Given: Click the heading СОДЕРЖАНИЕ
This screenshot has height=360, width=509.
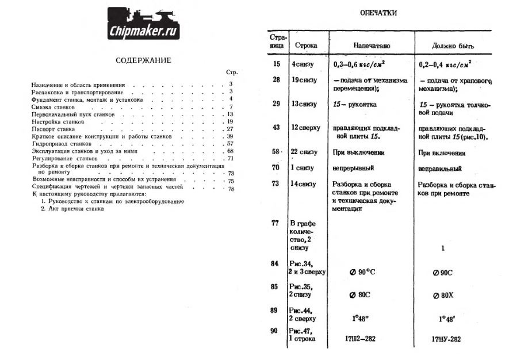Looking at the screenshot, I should tap(143, 60).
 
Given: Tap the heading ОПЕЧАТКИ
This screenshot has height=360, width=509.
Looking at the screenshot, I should tap(377, 12).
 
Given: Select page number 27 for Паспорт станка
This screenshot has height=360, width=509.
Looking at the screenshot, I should tap(230, 129).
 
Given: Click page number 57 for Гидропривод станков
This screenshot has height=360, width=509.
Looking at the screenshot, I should tap(230, 144).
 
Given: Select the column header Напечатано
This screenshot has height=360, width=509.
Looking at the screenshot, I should tap(369, 45).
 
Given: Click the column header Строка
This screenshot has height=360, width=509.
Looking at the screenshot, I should tap(305, 45).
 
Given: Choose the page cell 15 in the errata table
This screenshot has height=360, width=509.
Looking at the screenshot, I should tap(277, 63).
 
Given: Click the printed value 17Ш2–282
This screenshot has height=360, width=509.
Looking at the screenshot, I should tap(356, 339).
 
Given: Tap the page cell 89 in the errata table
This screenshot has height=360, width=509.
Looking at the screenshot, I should tap(275, 311).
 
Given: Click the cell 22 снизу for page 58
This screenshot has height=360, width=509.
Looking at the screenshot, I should tap(304, 152).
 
